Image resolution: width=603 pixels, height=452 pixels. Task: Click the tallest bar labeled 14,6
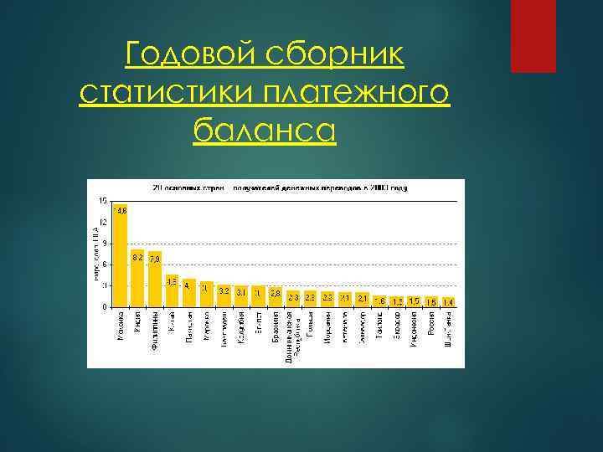click(121, 255)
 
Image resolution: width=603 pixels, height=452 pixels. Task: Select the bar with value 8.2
click(137, 278)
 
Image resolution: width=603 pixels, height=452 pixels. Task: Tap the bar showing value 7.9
click(155, 279)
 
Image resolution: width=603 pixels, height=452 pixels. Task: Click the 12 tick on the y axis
click(103, 222)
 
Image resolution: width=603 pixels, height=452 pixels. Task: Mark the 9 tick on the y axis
click(103, 243)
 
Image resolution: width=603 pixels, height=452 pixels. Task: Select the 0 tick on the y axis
click(103, 306)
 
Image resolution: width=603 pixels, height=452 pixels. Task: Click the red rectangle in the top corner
click(533, 36)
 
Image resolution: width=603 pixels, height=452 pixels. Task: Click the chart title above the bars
click(278, 187)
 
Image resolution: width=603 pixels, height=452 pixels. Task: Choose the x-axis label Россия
click(431, 326)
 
